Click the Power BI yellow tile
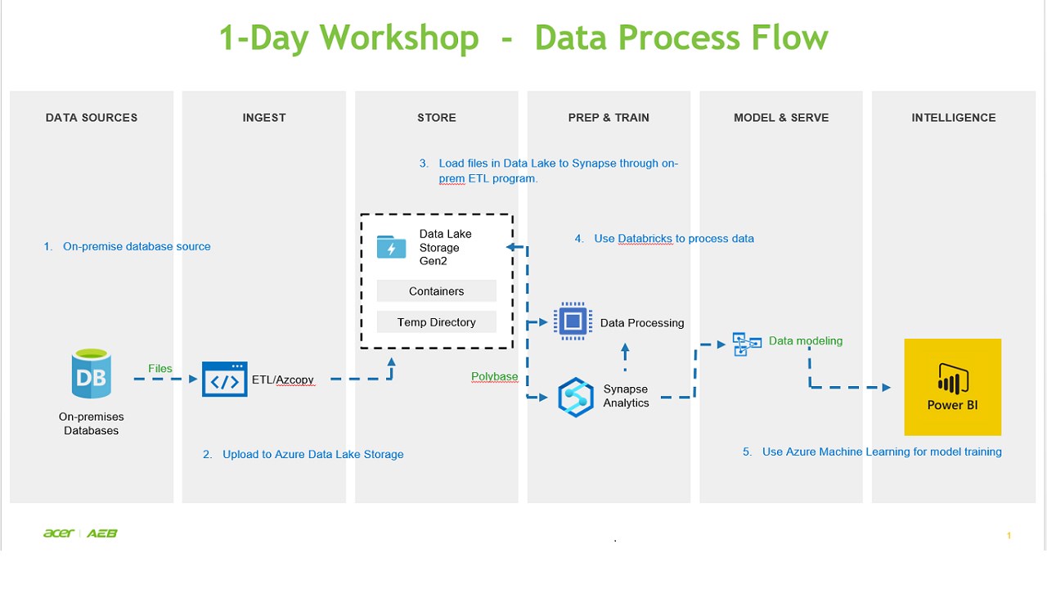(x=952, y=387)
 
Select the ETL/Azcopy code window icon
(x=224, y=380)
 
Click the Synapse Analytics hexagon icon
(x=575, y=397)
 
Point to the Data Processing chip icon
(x=573, y=321)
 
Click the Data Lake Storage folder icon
(x=391, y=246)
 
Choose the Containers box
(x=436, y=291)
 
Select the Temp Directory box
(x=436, y=322)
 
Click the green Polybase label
(x=494, y=376)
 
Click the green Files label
(x=160, y=368)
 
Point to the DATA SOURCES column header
(x=92, y=118)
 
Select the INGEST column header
(x=264, y=118)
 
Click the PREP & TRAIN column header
(x=609, y=118)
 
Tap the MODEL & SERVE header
(x=781, y=118)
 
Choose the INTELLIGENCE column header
(x=954, y=118)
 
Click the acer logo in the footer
(x=59, y=533)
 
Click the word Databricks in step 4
(x=645, y=238)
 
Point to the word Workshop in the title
(x=398, y=38)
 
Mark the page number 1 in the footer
(x=1009, y=535)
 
